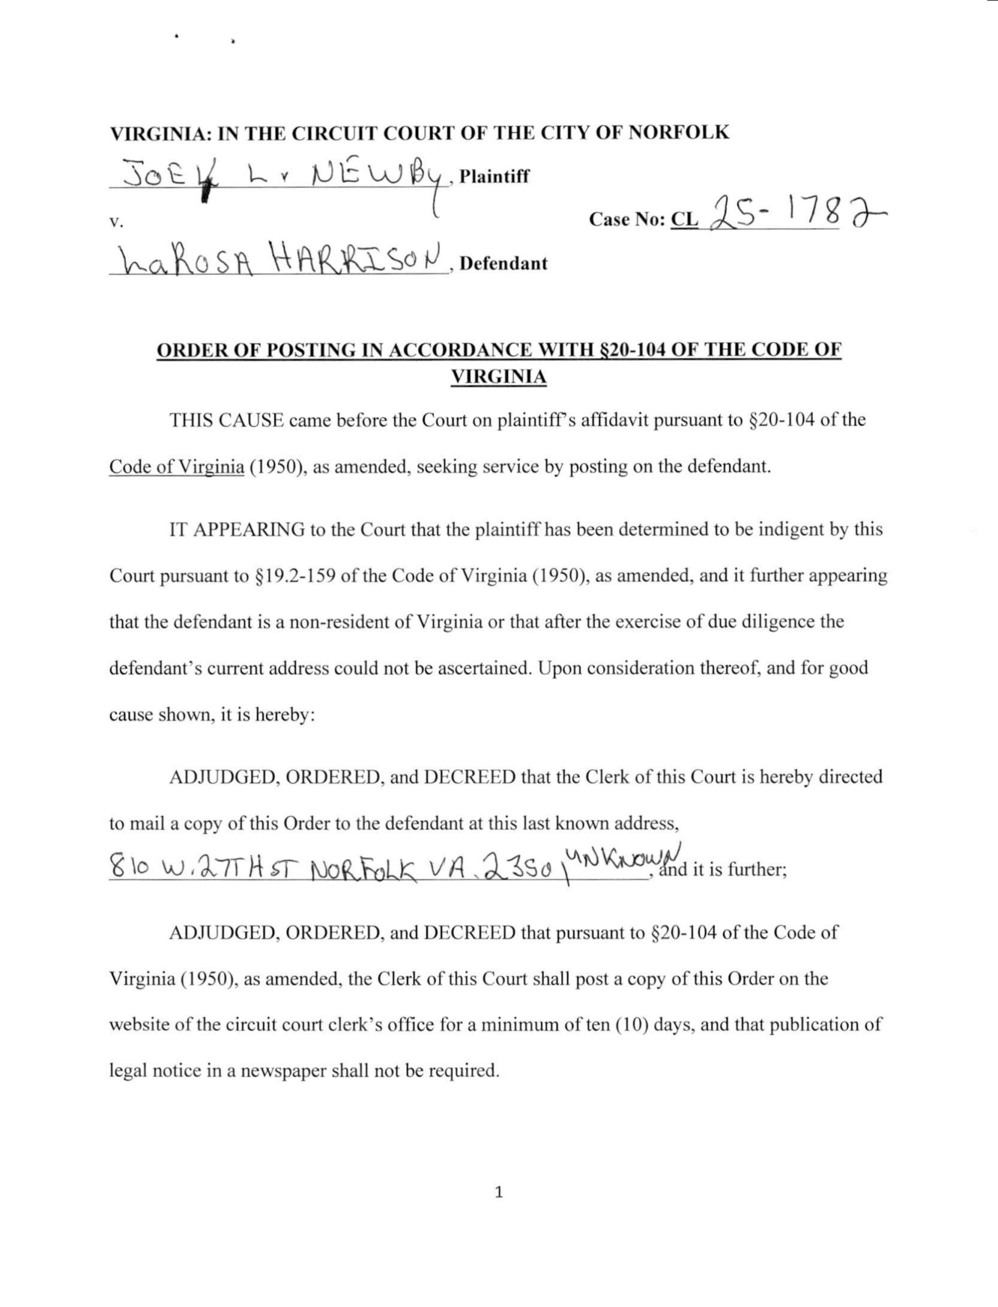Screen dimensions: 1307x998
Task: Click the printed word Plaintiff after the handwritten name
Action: click(x=494, y=176)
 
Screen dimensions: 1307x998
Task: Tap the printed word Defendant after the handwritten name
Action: click(x=503, y=263)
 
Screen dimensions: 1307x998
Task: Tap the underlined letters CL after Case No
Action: click(x=684, y=220)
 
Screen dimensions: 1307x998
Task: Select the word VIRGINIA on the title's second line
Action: click(x=498, y=377)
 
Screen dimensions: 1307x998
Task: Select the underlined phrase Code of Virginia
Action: click(x=176, y=467)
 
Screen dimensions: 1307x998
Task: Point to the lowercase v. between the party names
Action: click(x=116, y=224)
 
